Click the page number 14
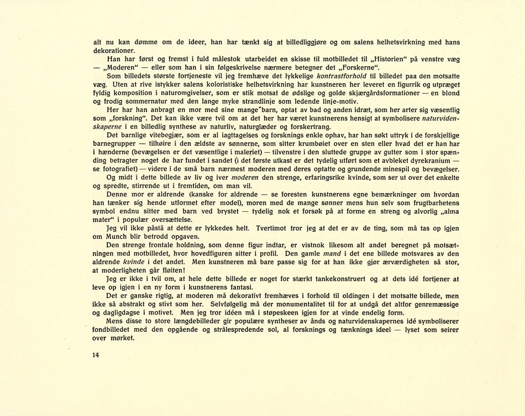click(96, 355)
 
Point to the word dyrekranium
click(427, 161)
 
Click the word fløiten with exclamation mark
click(168, 270)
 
